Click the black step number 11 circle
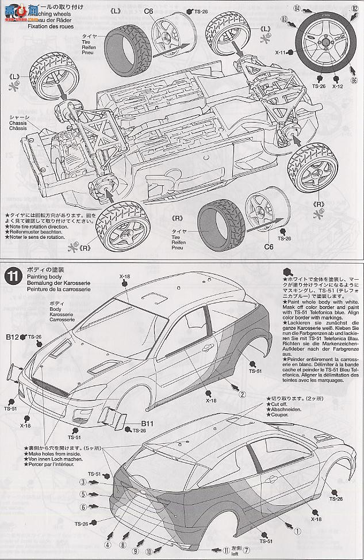(12, 276)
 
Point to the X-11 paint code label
(281, 52)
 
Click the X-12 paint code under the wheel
(337, 86)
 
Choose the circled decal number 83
(286, 19)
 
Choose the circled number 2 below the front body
(242, 395)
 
